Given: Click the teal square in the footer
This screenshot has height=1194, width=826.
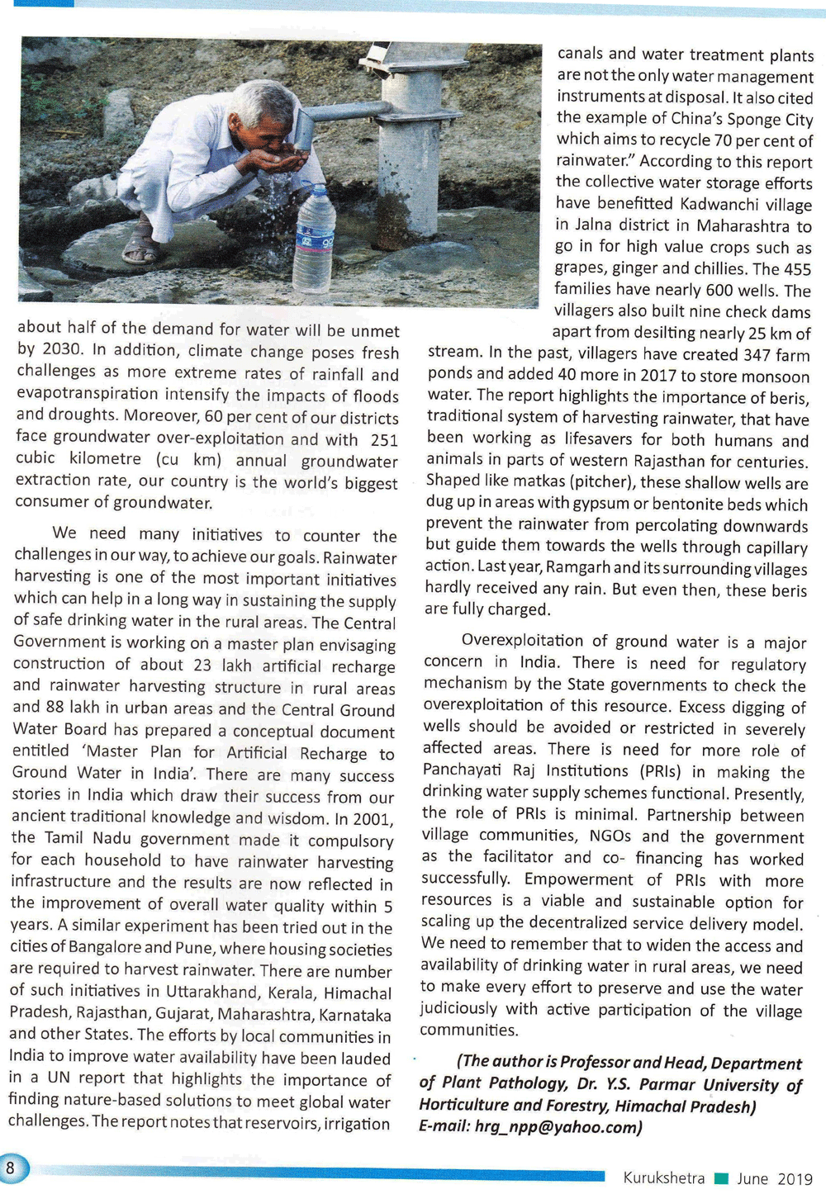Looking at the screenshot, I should pyautogui.click(x=721, y=1178).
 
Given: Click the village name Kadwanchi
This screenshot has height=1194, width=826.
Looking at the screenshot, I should pyautogui.click(x=723, y=204).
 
